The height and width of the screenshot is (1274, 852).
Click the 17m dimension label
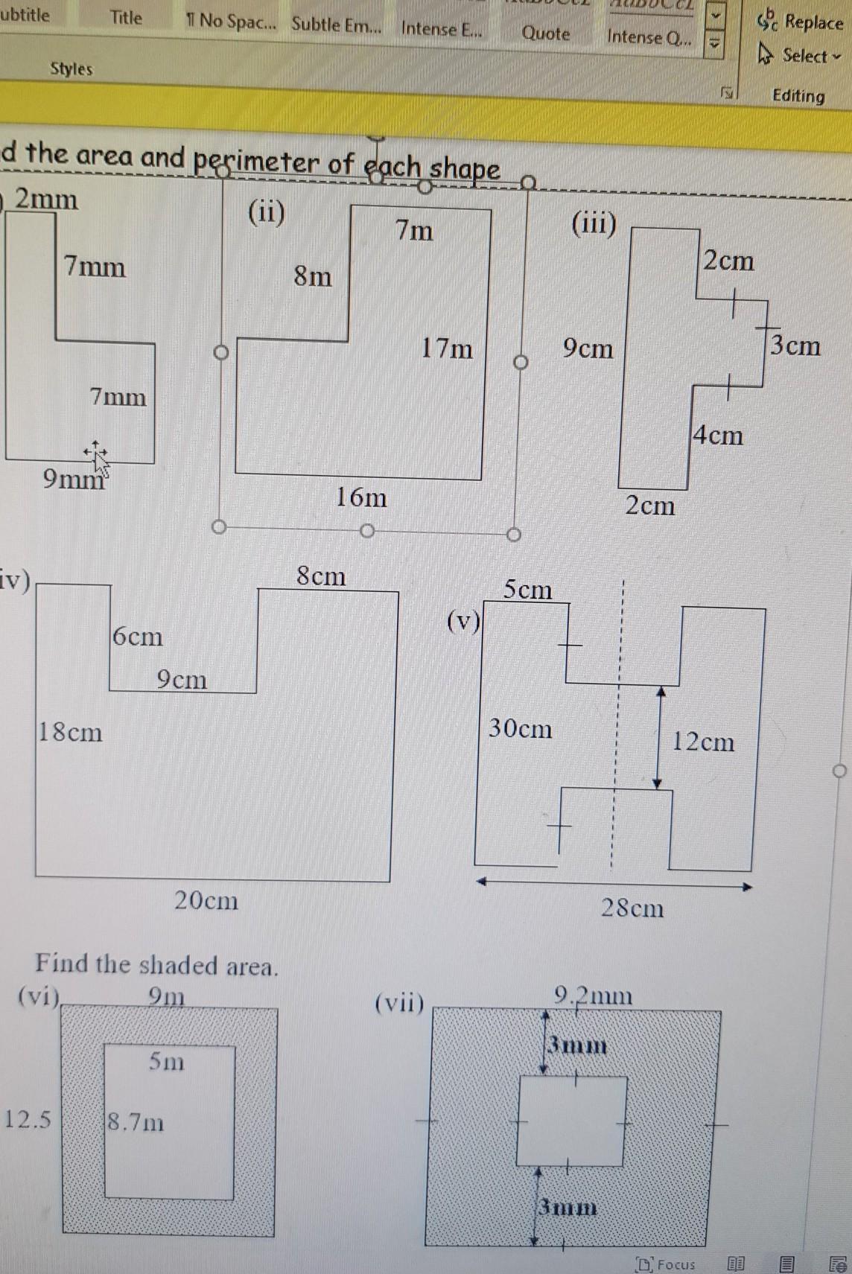point(447,348)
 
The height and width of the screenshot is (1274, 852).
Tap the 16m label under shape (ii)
point(361,497)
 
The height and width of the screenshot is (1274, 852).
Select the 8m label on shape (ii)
point(313,276)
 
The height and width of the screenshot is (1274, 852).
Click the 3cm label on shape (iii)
point(795,345)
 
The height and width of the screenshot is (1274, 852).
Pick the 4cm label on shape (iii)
point(718,435)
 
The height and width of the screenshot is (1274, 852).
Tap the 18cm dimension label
point(70,732)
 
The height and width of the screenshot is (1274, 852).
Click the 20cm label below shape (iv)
point(206,900)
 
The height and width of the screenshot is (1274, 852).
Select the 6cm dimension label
point(138,636)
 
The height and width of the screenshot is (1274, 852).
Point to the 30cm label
point(521,727)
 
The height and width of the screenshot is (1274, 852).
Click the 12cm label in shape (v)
point(703,742)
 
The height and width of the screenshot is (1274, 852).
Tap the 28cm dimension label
point(632,908)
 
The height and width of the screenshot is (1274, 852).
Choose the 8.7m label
point(136,1121)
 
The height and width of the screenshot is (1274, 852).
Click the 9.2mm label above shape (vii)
point(593,996)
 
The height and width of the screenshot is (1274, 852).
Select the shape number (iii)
point(594,223)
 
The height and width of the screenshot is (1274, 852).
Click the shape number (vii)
point(399,1003)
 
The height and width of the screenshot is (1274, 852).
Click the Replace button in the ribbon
point(801,22)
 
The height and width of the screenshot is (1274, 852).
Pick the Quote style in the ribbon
point(545,34)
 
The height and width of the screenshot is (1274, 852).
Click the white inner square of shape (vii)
point(571,1121)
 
